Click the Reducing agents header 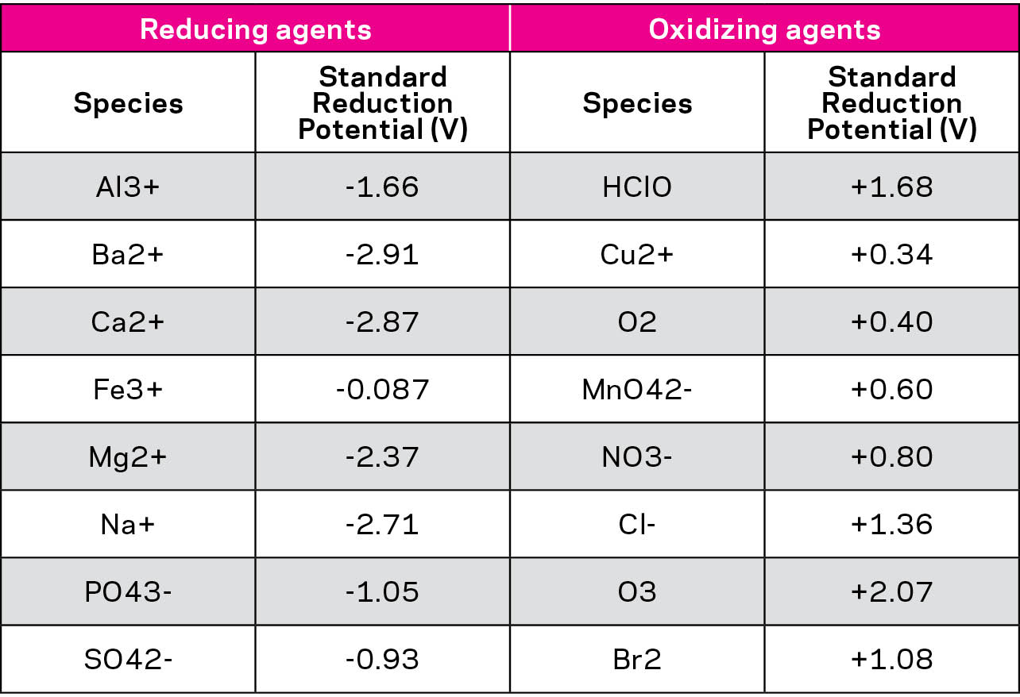coord(255,29)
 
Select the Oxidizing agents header coord(764,29)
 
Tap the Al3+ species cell coord(128,187)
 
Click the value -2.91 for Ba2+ coord(382,255)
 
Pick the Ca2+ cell coord(128,322)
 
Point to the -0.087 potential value coord(382,390)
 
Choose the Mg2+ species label coord(128,457)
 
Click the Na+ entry coord(128,525)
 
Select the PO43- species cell coord(128,592)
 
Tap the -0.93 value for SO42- coord(382,660)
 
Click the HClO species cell coord(637,187)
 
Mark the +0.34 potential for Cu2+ coord(891,255)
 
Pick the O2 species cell coord(637,322)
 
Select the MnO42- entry coord(637,390)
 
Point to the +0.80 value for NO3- coord(891,457)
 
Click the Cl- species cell coord(637,525)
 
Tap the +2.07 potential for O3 coord(891,592)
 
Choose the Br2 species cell coord(637,660)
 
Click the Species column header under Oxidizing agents coord(637,103)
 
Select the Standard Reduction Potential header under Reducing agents coord(382,103)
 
